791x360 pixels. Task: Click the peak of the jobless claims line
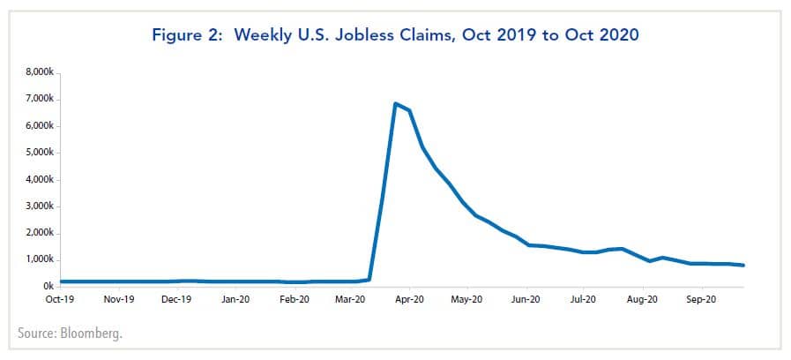tap(396, 104)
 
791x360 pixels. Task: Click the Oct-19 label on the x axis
tap(60, 300)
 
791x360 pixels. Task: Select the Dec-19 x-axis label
tap(177, 300)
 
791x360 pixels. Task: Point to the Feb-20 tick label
tap(294, 300)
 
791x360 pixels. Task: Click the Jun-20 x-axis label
tap(526, 300)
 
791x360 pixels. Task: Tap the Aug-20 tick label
tap(643, 300)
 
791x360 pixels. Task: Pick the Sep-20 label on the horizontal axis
tap(701, 300)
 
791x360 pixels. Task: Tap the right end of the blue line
tap(742, 265)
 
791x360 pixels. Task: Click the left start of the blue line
tap(62, 281)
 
